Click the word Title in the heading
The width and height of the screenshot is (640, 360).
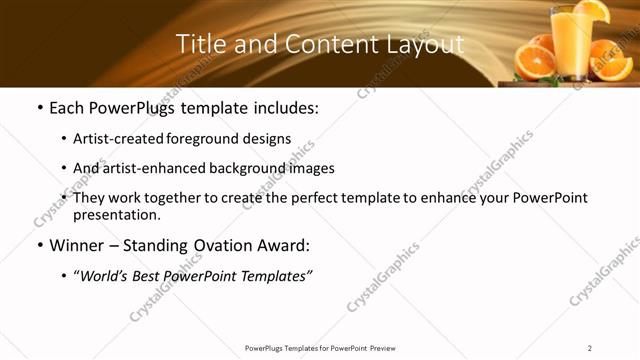[198, 44]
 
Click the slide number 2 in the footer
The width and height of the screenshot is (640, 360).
[590, 348]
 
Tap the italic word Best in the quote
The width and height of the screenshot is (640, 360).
[159, 276]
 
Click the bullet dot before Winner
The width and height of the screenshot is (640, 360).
[39, 245]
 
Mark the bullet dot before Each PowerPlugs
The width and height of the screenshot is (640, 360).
[39, 108]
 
